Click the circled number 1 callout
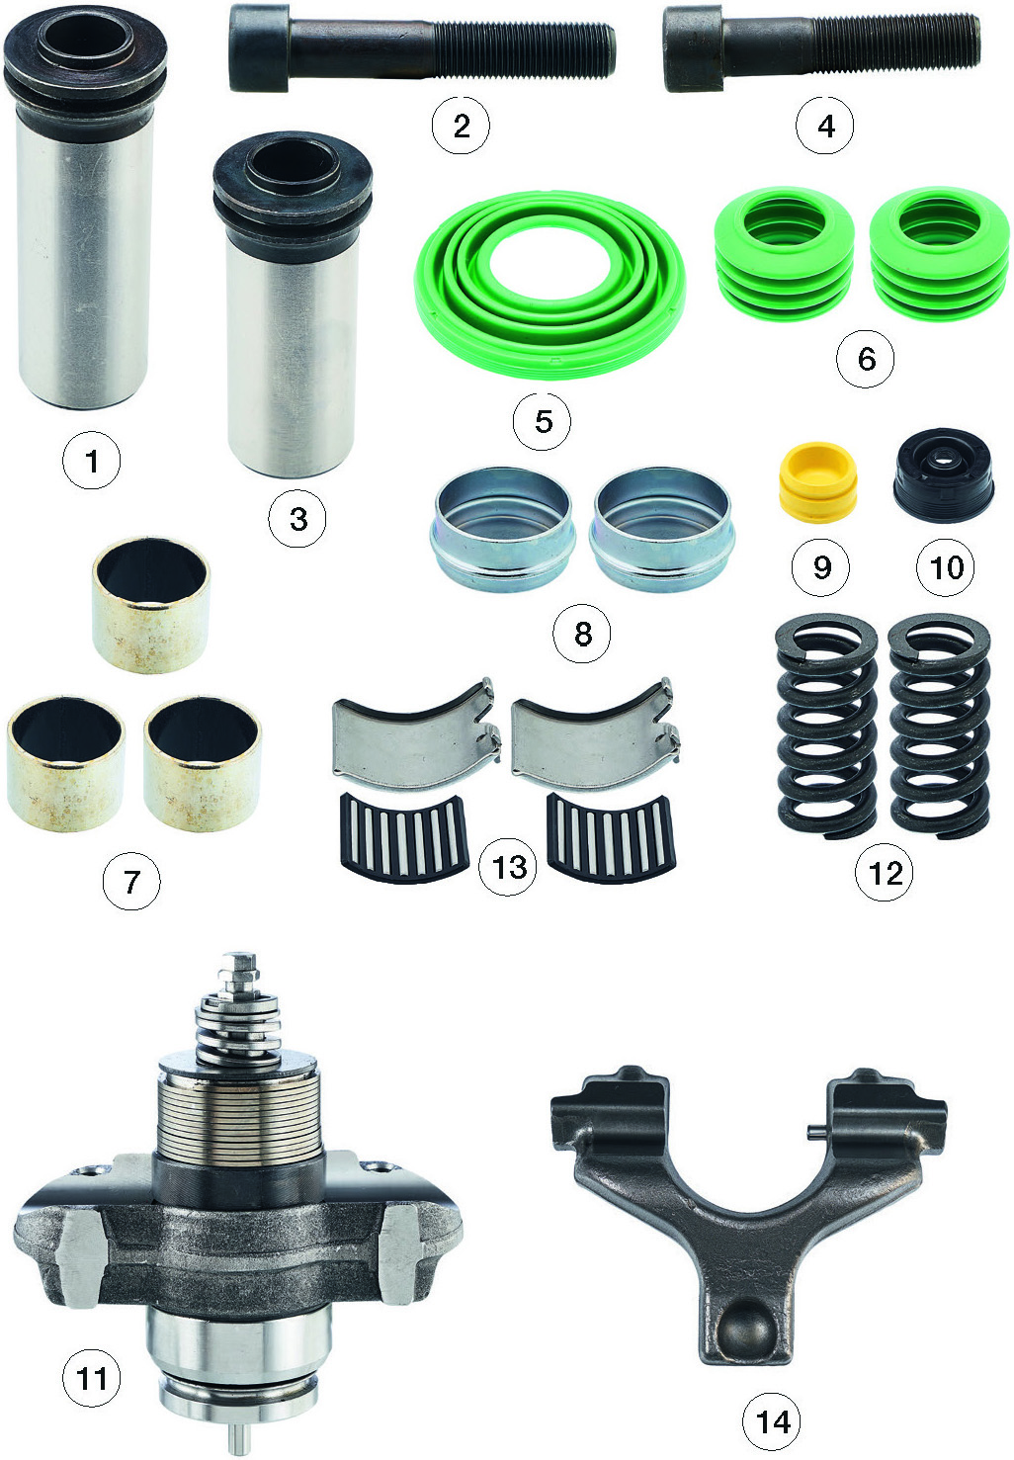(91, 462)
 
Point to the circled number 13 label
(508, 867)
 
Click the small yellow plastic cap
(818, 481)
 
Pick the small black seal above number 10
(943, 473)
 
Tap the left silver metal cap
(502, 528)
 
